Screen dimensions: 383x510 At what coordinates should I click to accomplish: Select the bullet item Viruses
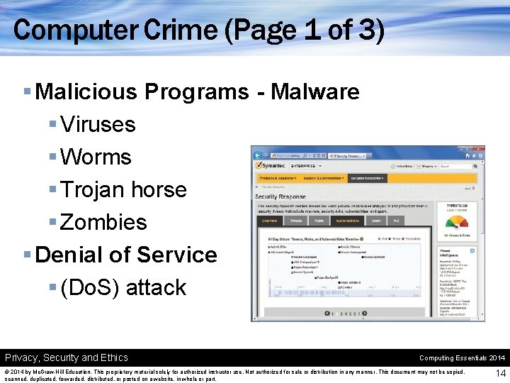[x=98, y=124]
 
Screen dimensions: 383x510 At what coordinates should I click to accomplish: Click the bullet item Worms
[x=96, y=157]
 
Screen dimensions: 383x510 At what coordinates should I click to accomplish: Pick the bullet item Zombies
[x=103, y=222]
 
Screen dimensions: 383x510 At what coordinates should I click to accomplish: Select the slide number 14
[x=501, y=373]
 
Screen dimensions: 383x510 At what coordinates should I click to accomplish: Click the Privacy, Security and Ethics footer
[x=67, y=357]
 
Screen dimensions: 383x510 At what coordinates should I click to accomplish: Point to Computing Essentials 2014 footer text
[x=462, y=358]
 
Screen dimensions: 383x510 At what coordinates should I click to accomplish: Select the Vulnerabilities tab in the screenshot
[x=347, y=221]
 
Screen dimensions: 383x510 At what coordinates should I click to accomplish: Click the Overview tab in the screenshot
[x=270, y=221]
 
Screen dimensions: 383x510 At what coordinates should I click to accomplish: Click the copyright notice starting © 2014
[x=234, y=375]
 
